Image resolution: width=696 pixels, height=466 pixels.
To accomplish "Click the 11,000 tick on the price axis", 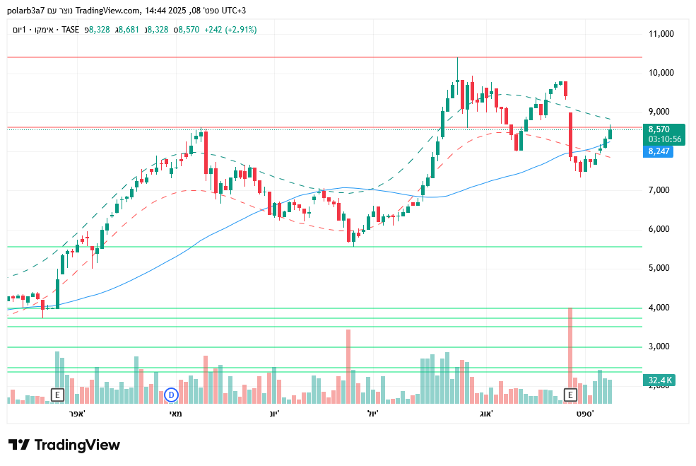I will coord(662,34).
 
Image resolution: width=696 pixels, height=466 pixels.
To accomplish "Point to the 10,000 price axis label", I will coord(662,73).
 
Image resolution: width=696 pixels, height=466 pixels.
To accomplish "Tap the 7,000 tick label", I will coord(662,190).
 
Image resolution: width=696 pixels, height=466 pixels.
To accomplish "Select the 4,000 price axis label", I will coord(662,308).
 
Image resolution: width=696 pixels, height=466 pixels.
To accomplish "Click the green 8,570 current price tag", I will coord(659,129).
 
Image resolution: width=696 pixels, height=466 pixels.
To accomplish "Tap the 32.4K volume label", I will coord(660,380).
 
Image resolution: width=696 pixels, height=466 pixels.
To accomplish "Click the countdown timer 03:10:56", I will coord(664,139).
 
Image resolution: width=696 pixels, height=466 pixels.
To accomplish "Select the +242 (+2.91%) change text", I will coord(230,30).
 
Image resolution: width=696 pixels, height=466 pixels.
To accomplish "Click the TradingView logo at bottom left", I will coord(64,445).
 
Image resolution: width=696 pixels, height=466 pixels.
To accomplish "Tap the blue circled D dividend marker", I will coord(171,395).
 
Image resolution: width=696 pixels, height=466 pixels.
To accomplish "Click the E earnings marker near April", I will coord(57,395).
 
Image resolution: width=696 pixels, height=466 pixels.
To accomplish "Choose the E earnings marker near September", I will coord(570,395).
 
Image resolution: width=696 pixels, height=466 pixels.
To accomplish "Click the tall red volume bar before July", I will coord(348,364).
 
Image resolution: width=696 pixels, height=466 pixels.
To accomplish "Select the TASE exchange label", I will coord(70,30).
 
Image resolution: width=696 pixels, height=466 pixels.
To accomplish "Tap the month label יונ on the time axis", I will coord(273,413).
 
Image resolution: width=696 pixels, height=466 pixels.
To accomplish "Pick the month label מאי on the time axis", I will coord(176,413).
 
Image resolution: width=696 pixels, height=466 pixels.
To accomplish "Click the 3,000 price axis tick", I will coord(662,346).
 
